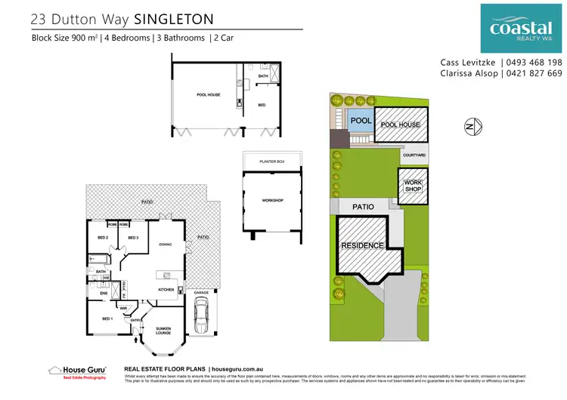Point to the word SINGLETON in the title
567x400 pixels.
pos(171,17)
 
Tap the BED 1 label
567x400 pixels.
pos(107,318)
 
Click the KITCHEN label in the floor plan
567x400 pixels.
pos(166,289)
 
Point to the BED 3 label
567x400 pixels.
pos(132,238)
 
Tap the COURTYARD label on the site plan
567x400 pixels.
pos(414,155)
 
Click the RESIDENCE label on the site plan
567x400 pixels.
pos(362,246)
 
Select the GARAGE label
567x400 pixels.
pos(201,292)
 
